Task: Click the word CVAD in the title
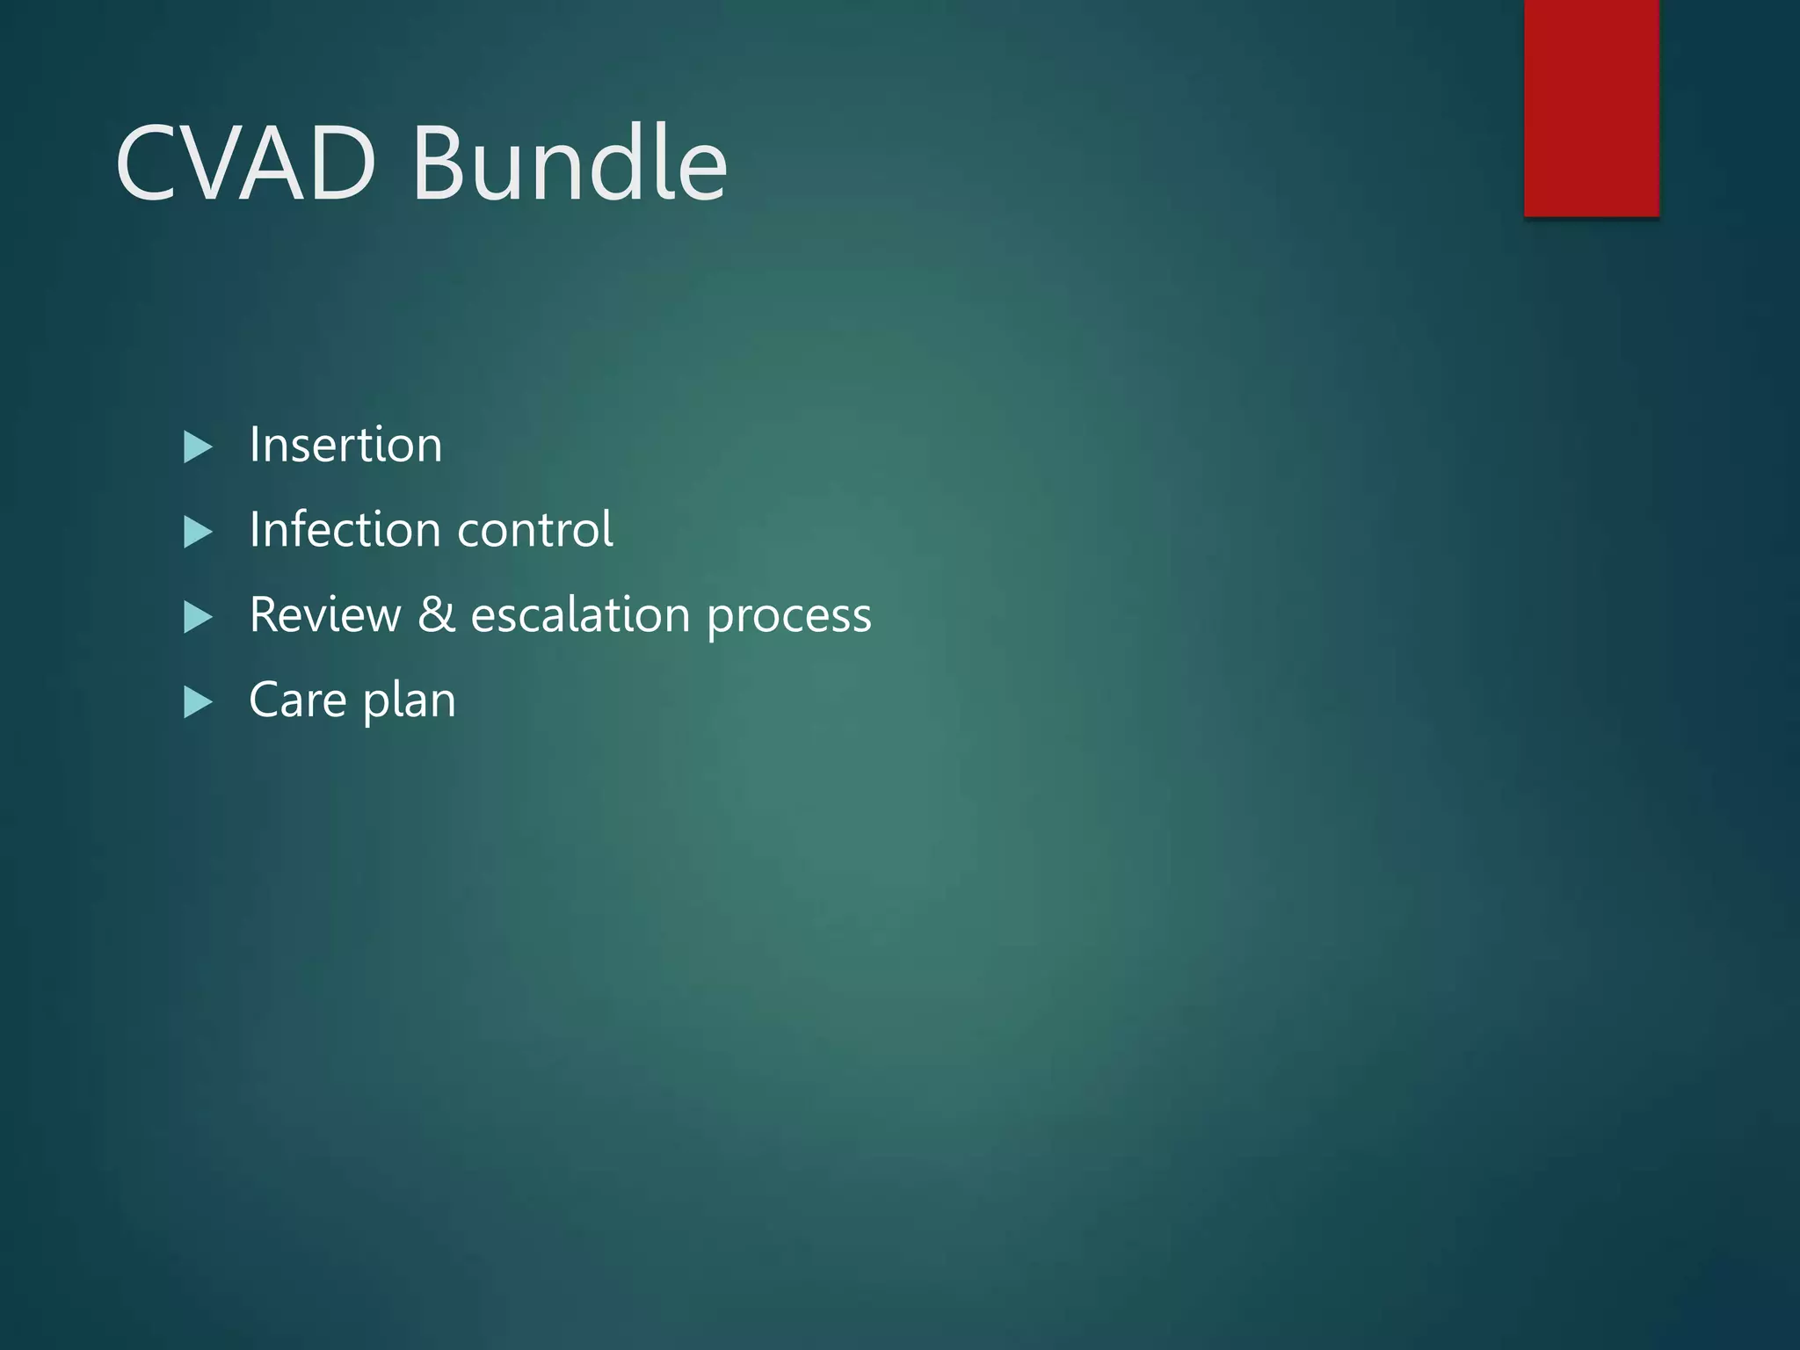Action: [246, 163]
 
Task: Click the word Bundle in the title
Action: [570, 163]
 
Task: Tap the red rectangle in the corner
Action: [1591, 107]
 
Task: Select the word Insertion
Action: [345, 445]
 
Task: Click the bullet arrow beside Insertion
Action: [198, 447]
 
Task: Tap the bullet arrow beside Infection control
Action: [198, 533]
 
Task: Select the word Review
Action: [324, 614]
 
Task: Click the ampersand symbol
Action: [436, 614]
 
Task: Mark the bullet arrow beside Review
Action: [198, 618]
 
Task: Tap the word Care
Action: [297, 700]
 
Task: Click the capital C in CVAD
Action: [148, 163]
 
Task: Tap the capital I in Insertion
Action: [255, 445]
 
